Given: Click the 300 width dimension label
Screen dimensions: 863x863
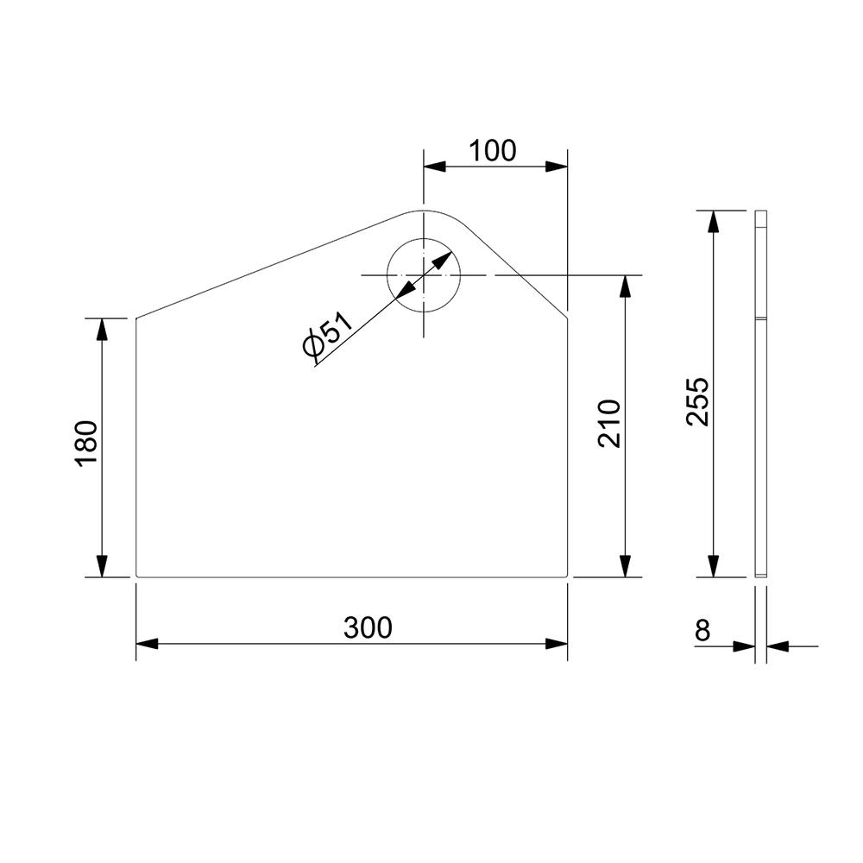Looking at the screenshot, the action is tap(368, 627).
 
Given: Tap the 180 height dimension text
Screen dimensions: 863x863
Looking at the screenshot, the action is tap(87, 444).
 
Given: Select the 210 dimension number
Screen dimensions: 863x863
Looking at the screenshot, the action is tap(610, 424).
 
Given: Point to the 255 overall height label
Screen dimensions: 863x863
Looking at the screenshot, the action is tap(698, 402).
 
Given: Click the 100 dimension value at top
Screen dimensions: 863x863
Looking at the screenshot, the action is tap(493, 151).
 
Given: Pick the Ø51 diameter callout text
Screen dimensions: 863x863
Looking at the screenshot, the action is tap(327, 334).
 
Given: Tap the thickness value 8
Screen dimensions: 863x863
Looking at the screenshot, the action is tap(702, 630).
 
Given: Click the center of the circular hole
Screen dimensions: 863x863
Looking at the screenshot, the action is tap(423, 274).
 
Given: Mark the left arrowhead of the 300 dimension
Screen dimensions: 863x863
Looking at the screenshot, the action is tap(147, 644).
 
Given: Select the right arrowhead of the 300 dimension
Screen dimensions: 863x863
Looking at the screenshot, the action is tap(557, 644).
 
